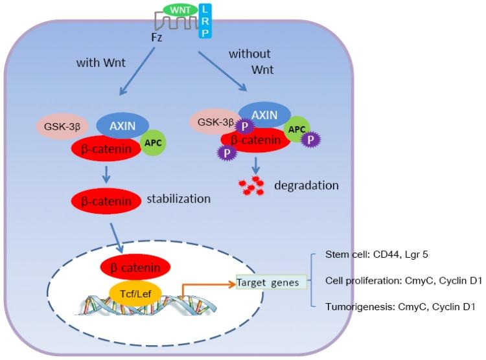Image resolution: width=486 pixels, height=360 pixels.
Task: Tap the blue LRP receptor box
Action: [x=205, y=20]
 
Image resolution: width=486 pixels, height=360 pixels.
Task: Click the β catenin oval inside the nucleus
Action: [x=135, y=265]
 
